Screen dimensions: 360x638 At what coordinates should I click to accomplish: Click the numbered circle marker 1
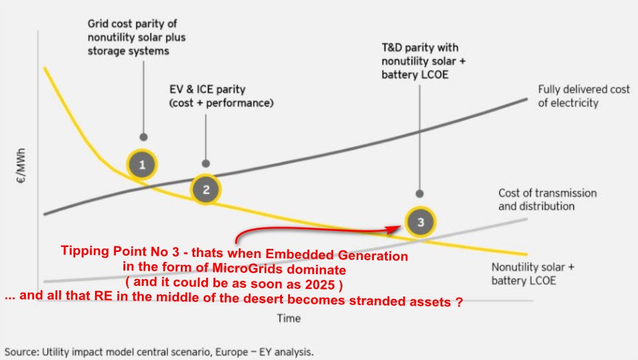coord(143,165)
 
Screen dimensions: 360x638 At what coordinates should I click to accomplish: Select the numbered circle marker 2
coord(206,189)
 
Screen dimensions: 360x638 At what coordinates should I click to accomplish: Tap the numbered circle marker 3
coord(421,222)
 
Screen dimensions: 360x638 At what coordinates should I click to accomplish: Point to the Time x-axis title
coord(288,318)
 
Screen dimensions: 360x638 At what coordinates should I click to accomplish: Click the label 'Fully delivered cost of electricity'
coord(583,96)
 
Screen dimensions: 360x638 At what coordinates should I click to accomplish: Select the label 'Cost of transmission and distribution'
coord(547,199)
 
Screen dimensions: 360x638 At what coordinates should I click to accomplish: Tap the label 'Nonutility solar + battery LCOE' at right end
coord(533,274)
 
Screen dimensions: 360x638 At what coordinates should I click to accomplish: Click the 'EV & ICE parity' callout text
coord(221,96)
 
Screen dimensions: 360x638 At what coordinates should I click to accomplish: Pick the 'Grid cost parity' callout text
coord(136,38)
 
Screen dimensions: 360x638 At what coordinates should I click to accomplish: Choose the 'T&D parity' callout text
coord(420,61)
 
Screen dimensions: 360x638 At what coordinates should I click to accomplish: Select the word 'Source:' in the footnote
coord(22,352)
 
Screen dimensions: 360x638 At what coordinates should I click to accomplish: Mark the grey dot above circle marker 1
coord(143,136)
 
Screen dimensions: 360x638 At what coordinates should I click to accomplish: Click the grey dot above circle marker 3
coord(420,193)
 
